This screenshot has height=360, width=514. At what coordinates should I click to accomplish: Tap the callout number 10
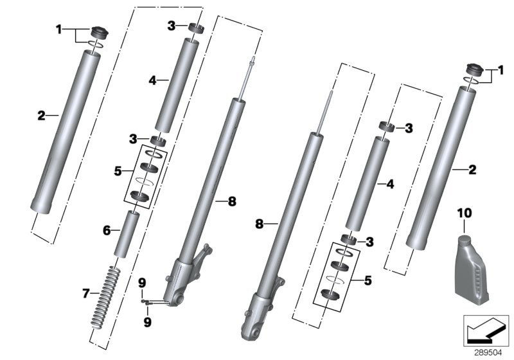(x=465, y=212)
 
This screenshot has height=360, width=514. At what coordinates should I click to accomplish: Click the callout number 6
(x=107, y=230)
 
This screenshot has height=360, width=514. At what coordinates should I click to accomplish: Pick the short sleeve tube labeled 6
(x=127, y=234)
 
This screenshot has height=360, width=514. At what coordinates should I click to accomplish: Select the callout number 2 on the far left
(x=40, y=116)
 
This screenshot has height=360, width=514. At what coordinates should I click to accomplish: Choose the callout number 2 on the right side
(x=472, y=170)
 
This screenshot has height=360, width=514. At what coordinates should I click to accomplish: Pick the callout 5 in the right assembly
(x=368, y=280)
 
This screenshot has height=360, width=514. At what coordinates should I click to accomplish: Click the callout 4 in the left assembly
(x=152, y=80)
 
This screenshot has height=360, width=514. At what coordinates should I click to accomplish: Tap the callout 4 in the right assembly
(x=389, y=184)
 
